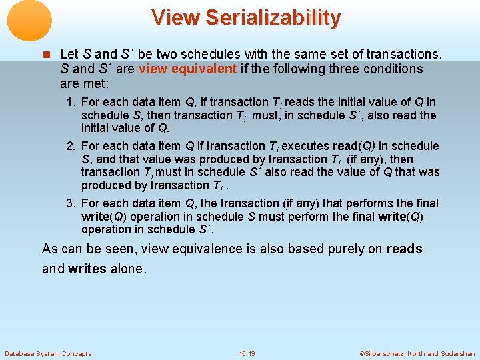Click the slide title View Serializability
click(245, 17)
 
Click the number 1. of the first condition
click(70, 102)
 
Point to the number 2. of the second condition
click(70, 146)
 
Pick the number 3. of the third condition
click(70, 203)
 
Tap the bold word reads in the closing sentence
click(404, 249)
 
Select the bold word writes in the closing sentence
click(87, 269)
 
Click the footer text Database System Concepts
click(48, 353)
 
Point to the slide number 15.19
click(247, 353)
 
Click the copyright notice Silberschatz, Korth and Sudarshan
click(417, 353)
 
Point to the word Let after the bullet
click(69, 53)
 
